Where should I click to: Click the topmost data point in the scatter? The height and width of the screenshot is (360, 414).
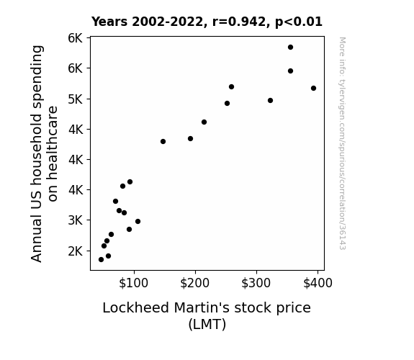pyautogui.click(x=290, y=48)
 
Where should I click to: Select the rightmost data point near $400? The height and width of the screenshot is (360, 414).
pyautogui.click(x=313, y=89)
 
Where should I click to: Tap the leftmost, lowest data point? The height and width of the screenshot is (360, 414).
pyautogui.click(x=101, y=260)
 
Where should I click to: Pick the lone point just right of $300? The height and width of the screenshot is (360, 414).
pyautogui.click(x=270, y=100)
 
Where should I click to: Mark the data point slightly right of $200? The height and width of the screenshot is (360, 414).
pyautogui.click(x=204, y=122)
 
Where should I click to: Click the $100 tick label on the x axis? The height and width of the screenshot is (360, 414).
pyautogui.click(x=134, y=283)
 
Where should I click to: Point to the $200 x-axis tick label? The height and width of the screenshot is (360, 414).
pyautogui.click(x=195, y=283)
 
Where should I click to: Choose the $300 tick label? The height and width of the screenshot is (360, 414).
pyautogui.click(x=256, y=283)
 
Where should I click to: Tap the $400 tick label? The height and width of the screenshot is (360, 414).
pyautogui.click(x=318, y=283)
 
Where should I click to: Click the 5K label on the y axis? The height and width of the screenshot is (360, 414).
pyautogui.click(x=76, y=99)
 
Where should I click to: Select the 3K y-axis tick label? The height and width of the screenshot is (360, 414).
pyautogui.click(x=76, y=220)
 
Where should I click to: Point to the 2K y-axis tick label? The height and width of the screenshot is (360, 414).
pyautogui.click(x=76, y=251)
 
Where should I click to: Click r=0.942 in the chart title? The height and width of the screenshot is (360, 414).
pyautogui.click(x=239, y=22)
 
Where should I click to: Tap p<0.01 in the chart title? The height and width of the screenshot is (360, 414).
pyautogui.click(x=299, y=22)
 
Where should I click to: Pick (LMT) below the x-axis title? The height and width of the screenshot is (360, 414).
pyautogui.click(x=207, y=324)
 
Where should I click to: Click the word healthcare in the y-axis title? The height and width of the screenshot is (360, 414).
pyautogui.click(x=53, y=153)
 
